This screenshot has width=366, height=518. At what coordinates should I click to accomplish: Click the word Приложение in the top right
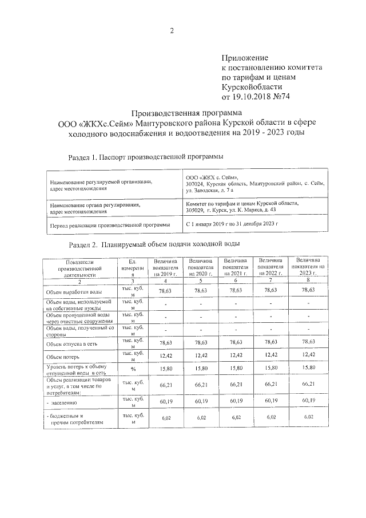(245, 58)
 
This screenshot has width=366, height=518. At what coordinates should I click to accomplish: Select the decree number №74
(284, 97)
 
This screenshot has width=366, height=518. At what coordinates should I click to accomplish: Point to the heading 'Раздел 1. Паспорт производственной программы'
(145, 156)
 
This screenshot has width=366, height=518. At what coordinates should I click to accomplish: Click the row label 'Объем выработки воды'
(74, 292)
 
